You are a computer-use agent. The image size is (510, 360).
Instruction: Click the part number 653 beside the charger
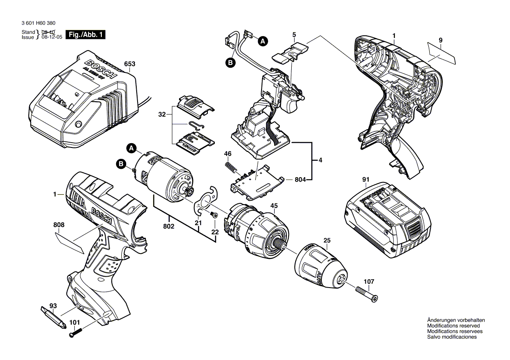tap(129, 64)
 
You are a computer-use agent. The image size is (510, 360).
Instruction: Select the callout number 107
tap(369, 282)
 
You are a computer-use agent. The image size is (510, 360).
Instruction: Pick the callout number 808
tap(59, 225)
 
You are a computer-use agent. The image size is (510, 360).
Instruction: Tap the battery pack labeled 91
tap(386, 221)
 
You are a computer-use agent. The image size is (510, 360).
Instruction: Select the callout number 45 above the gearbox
tap(274, 206)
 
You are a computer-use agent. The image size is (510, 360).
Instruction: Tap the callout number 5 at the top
tap(294, 34)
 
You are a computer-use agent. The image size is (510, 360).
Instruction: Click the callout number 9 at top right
tap(441, 41)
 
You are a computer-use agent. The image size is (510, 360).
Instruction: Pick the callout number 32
tap(162, 115)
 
